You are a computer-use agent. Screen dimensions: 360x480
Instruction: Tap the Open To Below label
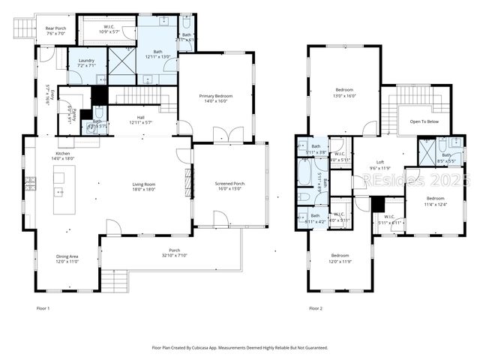click(424, 121)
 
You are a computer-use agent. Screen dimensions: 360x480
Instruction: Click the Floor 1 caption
click(43, 308)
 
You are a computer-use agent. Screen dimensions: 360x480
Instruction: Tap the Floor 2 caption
click(316, 308)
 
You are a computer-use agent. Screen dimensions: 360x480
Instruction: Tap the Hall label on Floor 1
click(141, 120)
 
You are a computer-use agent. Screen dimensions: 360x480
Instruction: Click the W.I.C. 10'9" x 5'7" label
click(109, 29)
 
